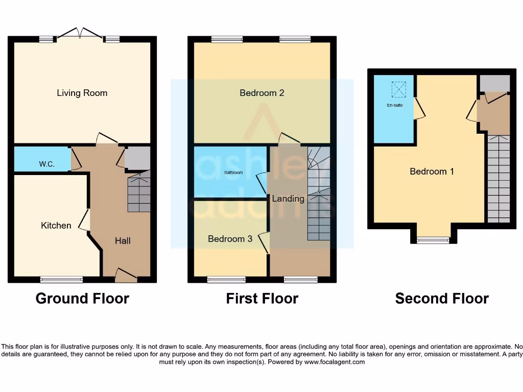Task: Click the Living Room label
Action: tap(82, 93)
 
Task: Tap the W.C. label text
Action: tap(46, 164)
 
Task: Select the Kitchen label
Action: tap(56, 225)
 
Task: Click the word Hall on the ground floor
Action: tap(123, 240)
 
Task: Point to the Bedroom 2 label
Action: tap(262, 93)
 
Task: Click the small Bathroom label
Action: tap(234, 173)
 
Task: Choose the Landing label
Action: tap(288, 199)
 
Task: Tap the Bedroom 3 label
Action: tap(230, 238)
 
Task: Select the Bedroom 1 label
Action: tap(432, 171)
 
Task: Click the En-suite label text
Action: tap(394, 106)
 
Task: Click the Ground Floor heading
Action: tap(82, 298)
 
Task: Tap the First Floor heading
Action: tap(262, 298)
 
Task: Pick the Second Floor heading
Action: tap(442, 298)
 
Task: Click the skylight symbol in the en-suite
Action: tap(398, 89)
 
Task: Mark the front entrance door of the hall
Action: tap(126, 276)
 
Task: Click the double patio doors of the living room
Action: tap(79, 34)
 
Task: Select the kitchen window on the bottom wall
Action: tap(62, 279)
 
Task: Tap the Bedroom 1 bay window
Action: tap(433, 239)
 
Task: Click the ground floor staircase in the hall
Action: tap(138, 193)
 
